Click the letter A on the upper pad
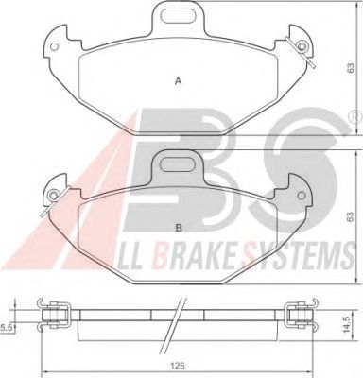(179, 81)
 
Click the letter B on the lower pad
(179, 228)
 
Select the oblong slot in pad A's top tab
(178, 13)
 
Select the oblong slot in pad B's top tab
(178, 163)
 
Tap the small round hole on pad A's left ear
(54, 46)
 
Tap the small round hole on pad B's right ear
(301, 196)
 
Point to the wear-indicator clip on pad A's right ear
(301, 50)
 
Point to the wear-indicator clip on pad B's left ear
(55, 200)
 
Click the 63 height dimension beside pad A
(351, 67)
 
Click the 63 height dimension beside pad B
(351, 216)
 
